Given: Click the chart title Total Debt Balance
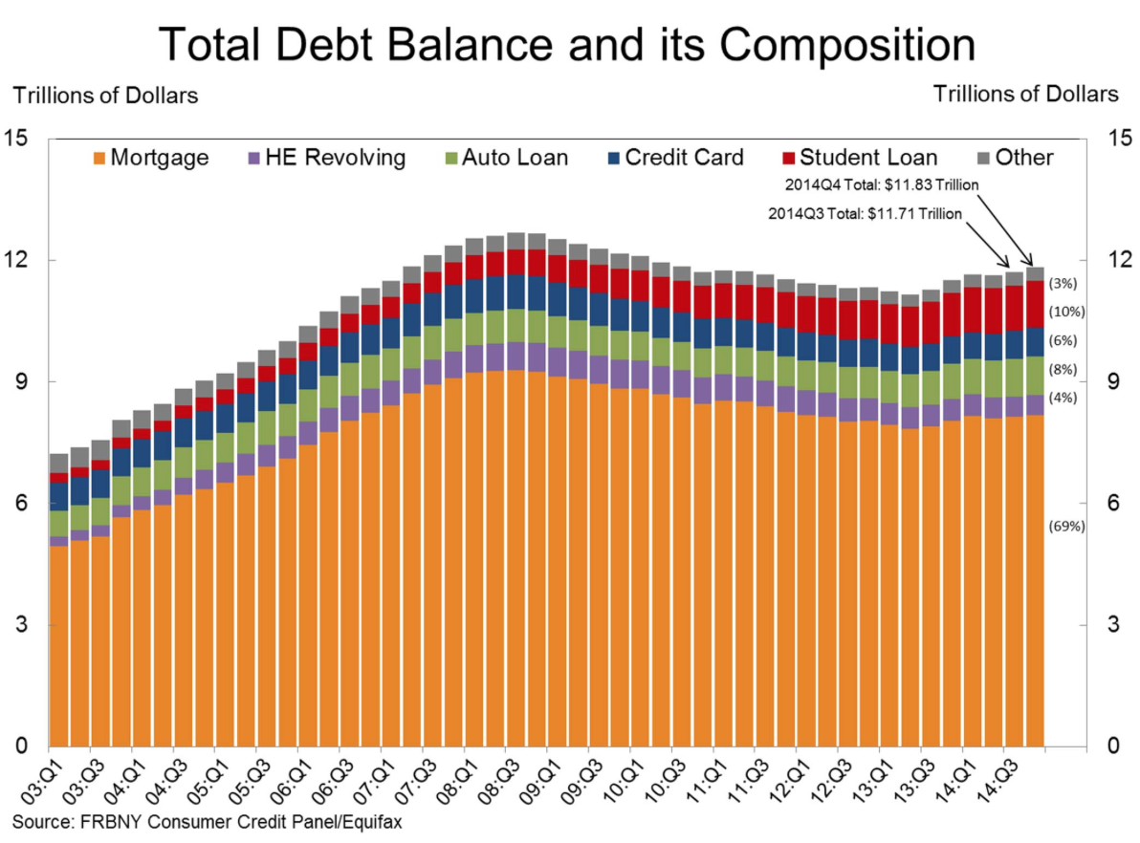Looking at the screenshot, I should click(568, 44).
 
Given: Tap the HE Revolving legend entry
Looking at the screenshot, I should click(325, 158).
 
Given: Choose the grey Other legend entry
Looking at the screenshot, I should click(1014, 158).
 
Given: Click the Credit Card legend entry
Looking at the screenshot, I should click(674, 158).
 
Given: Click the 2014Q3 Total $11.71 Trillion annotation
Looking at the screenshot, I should click(865, 214).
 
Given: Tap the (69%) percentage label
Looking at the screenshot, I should click(1067, 526).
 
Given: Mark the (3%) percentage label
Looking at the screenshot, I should click(1063, 284).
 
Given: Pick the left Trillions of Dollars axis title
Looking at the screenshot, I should click(105, 95).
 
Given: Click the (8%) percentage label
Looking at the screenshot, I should click(1063, 369).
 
